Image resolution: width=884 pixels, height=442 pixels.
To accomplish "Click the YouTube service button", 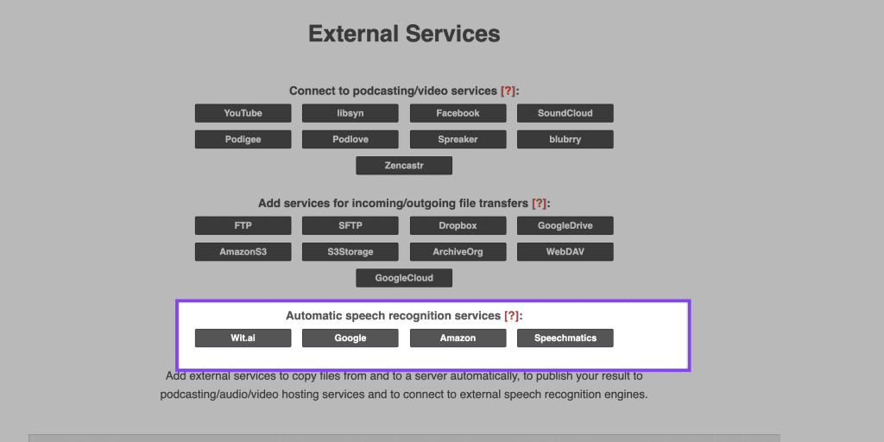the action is pos(243,113).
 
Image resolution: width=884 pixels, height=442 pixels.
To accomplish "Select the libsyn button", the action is pos(350,113).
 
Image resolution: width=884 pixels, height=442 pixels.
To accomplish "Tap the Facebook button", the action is pos(458,113).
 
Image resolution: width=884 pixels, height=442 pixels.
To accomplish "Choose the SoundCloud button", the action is pos(565,113).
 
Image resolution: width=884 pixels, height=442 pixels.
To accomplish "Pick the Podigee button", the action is pos(243,139).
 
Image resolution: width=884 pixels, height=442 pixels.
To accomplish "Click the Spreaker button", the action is pos(458,139).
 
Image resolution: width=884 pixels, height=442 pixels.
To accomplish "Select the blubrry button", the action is pos(565,139).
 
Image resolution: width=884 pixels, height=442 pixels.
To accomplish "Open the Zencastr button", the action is pos(404,166).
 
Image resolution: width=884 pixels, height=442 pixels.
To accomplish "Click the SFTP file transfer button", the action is pos(350,225).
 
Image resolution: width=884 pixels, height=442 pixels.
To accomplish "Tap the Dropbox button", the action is pos(458,225).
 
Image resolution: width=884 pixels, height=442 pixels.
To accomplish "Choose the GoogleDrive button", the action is pos(565,225).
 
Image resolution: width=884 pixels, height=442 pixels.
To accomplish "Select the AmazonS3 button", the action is pos(243,251).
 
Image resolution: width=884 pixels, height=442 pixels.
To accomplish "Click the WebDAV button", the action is pos(565,251).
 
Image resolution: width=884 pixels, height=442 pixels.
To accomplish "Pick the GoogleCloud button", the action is pos(404,278).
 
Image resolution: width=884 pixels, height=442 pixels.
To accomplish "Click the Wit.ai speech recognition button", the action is pos(243,338).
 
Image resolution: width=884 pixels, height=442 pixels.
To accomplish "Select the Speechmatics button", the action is pos(565,338).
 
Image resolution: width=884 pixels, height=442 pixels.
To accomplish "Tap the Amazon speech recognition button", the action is pos(458,338).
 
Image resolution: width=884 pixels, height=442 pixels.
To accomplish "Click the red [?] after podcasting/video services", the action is pos(508,91).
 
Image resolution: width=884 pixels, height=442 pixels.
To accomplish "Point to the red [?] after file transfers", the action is pos(540,203).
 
